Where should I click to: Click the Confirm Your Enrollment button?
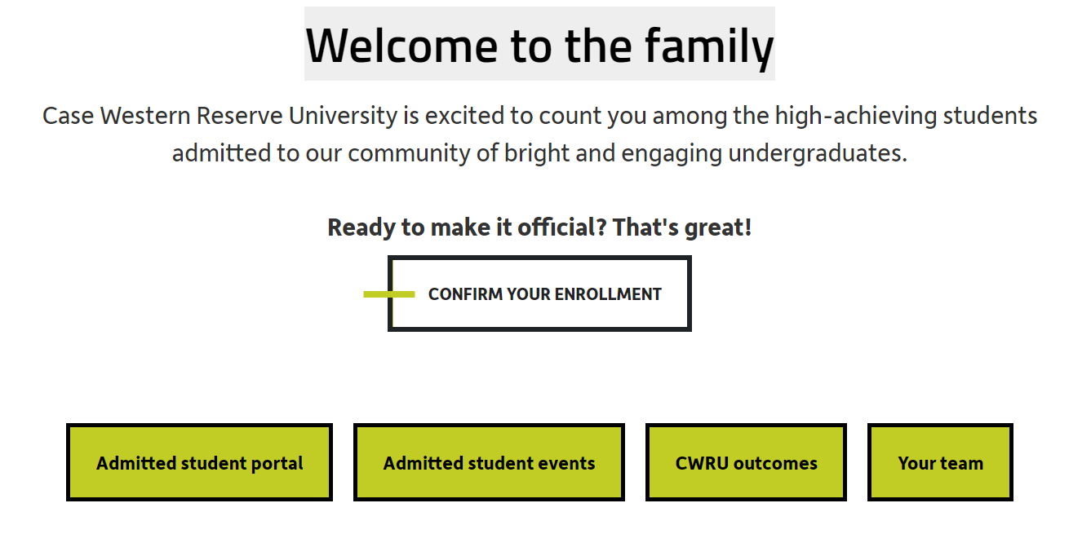[x=539, y=293]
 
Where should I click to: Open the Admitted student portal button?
[x=199, y=462]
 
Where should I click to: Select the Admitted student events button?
[x=489, y=462]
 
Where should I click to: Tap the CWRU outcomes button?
[x=746, y=462]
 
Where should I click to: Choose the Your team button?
[x=940, y=462]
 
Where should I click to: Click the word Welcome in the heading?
[x=401, y=46]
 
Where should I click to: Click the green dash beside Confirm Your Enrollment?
[x=389, y=294]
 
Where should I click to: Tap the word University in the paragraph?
[x=343, y=116]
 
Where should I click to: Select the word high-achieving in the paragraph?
[x=856, y=116]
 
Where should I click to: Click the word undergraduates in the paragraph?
[x=818, y=153]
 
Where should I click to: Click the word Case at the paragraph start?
[x=68, y=116]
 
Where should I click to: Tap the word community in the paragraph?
[x=409, y=153]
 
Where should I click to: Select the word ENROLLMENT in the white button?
[x=608, y=294]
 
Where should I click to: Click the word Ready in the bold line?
[x=361, y=227]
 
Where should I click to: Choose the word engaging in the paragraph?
[x=671, y=154]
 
